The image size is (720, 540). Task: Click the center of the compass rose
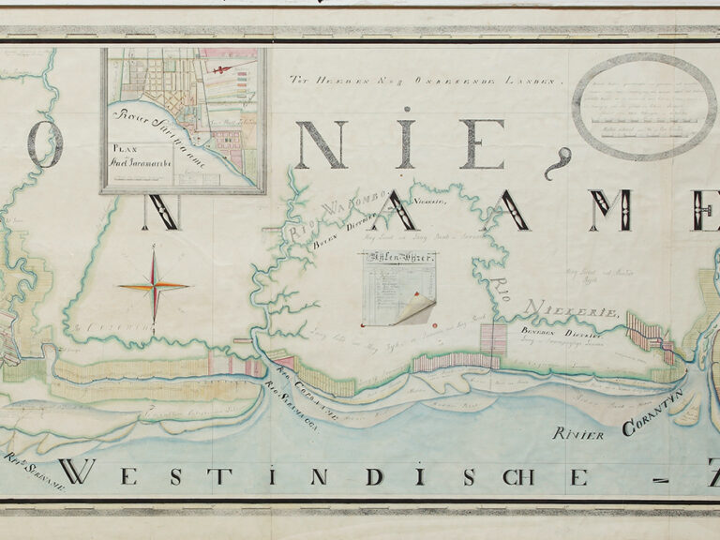click(x=155, y=285)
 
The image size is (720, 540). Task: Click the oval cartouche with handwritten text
click(x=644, y=104)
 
